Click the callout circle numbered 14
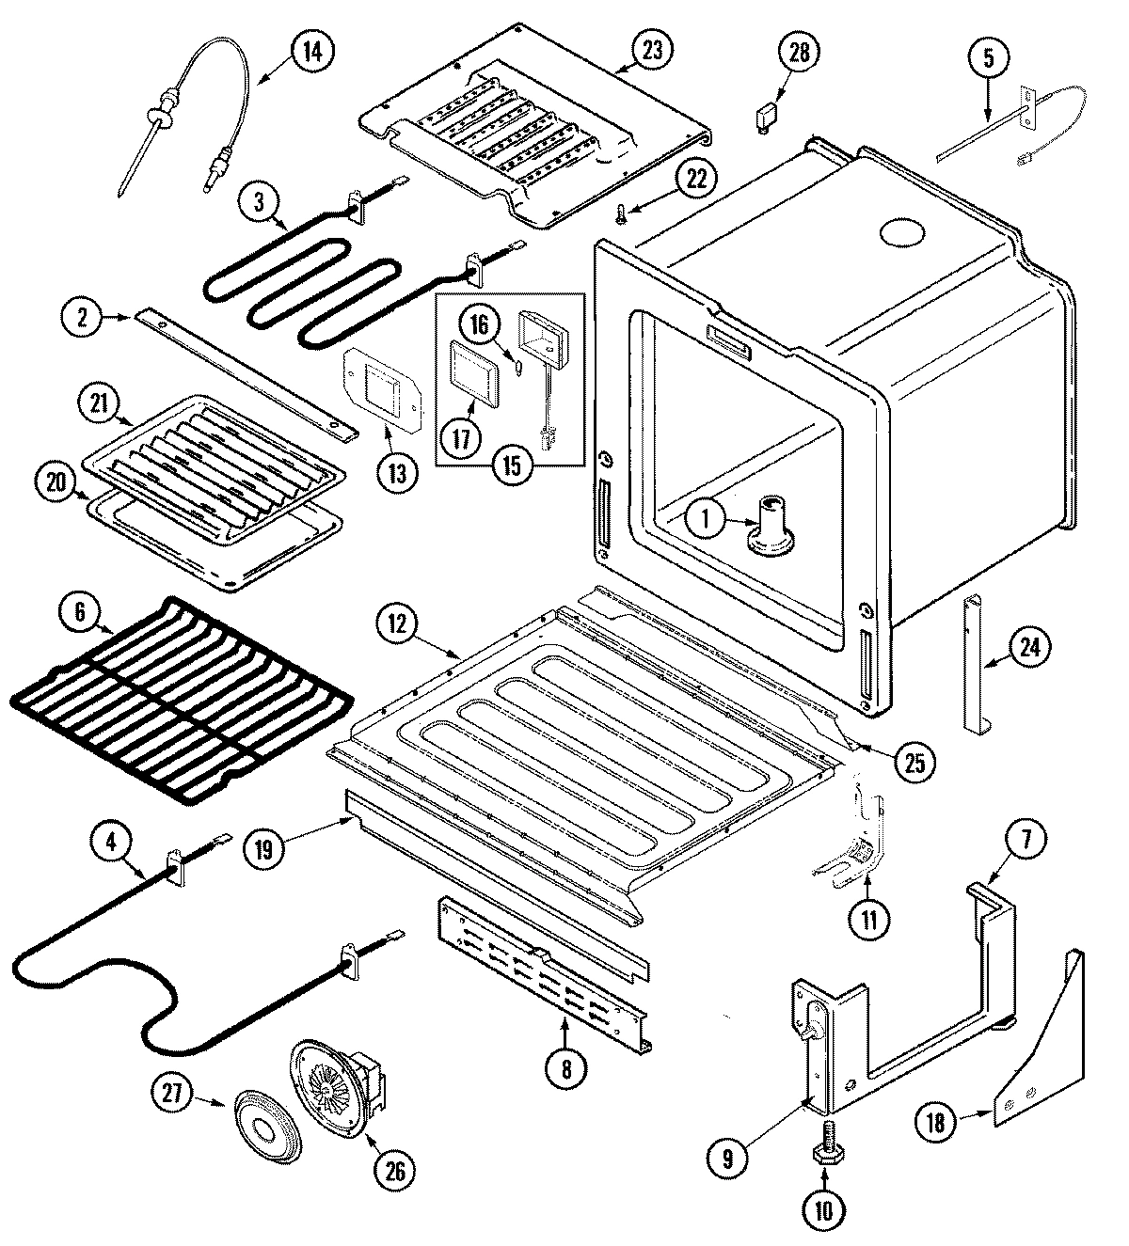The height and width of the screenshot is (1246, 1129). pos(311,52)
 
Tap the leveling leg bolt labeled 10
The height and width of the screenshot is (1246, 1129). pos(822,1151)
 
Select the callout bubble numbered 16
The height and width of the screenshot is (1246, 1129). pos(481,325)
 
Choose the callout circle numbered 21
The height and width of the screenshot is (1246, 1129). pos(100,406)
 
